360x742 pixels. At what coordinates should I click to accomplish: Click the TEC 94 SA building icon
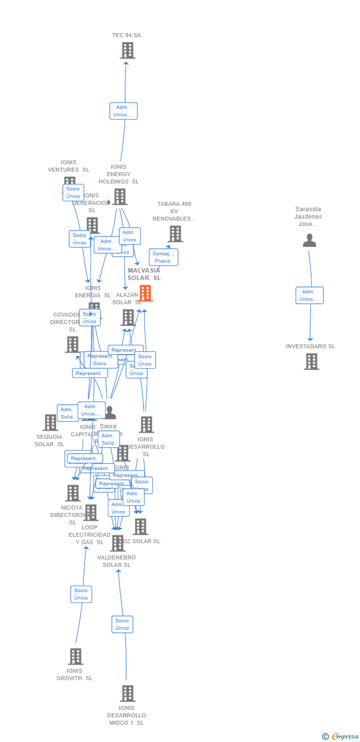(x=128, y=50)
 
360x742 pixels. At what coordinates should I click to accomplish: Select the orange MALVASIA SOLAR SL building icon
(x=145, y=293)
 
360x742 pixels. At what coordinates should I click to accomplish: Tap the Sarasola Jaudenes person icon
(x=310, y=240)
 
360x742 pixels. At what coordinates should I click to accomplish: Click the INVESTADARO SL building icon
(x=311, y=362)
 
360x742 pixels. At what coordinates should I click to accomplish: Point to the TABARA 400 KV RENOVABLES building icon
(x=175, y=234)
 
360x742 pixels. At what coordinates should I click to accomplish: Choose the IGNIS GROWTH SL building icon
(x=76, y=656)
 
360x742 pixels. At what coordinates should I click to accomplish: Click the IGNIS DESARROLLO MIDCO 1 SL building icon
(x=128, y=694)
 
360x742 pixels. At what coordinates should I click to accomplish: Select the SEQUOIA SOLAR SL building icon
(x=50, y=422)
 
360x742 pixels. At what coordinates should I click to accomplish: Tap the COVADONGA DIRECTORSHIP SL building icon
(x=72, y=344)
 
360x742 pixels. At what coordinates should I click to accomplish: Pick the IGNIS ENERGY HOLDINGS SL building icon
(x=119, y=196)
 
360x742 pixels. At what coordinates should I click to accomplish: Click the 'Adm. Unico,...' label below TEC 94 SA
(x=123, y=111)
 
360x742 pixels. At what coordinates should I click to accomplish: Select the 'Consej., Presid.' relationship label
(x=163, y=257)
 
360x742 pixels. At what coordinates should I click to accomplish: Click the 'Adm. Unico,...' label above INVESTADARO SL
(x=310, y=295)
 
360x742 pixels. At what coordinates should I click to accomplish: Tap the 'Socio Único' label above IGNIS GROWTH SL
(x=81, y=594)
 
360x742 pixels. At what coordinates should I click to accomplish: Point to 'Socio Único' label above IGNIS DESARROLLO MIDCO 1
(x=122, y=624)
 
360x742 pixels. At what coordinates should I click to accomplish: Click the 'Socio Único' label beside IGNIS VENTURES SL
(x=73, y=192)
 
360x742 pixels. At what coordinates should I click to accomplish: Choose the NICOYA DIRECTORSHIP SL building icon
(x=73, y=493)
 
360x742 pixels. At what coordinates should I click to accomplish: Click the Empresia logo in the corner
(x=341, y=737)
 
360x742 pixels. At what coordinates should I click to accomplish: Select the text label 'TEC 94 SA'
(x=127, y=35)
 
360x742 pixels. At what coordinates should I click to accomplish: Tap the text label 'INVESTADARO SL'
(x=311, y=346)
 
